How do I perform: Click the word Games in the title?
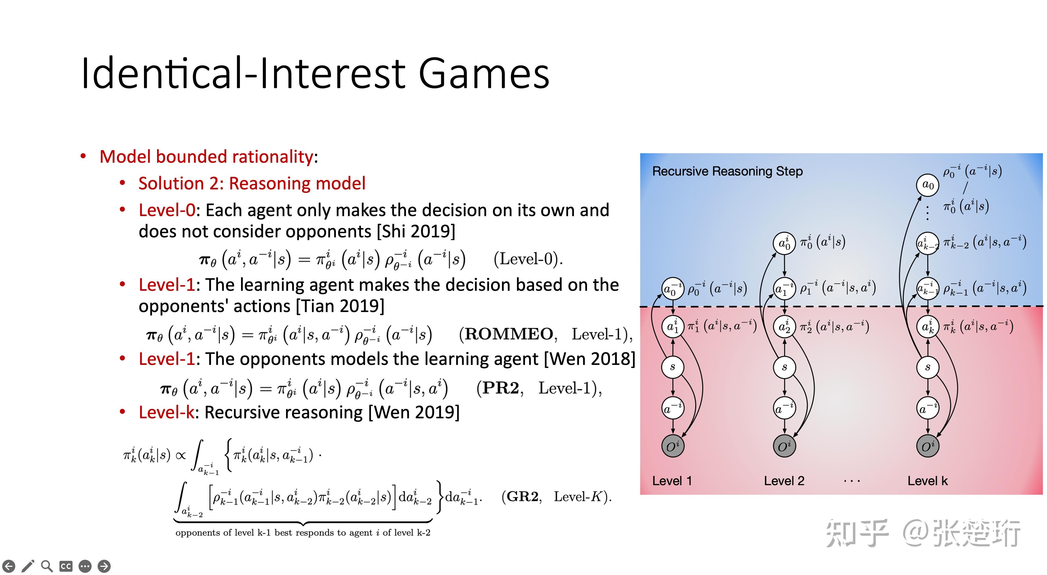pos(484,74)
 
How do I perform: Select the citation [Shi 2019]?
pos(416,231)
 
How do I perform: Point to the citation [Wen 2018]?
pos(589,359)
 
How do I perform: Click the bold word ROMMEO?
pos(509,334)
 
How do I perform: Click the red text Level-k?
pos(167,413)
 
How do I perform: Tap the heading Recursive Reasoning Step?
pos(727,171)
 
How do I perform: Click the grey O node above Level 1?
pos(673,446)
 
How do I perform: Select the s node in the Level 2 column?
pos(784,367)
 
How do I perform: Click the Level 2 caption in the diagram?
pos(784,481)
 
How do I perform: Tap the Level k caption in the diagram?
pos(928,481)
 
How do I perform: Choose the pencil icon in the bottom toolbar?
pos(28,566)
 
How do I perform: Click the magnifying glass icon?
pos(47,566)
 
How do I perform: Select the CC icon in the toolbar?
pos(66,566)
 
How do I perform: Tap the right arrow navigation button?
pos(104,566)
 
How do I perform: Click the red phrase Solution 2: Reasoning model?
pos(252,183)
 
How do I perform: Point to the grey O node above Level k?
pos(928,446)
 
